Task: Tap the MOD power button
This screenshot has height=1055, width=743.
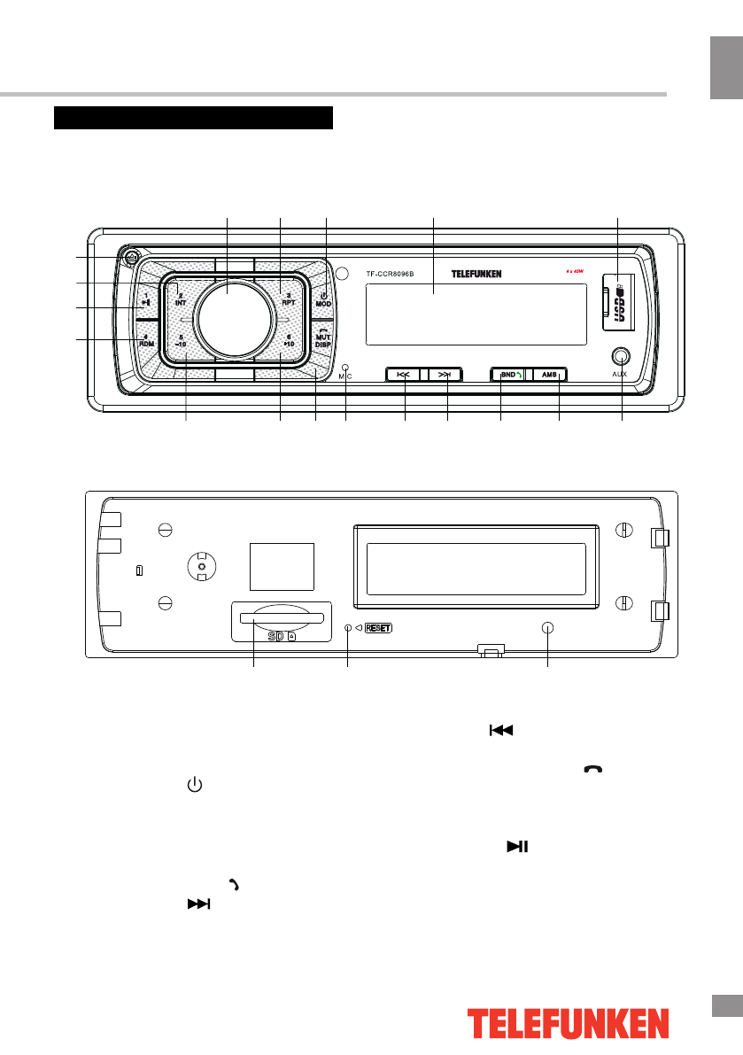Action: tap(323, 299)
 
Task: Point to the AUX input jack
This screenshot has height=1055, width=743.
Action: tap(621, 357)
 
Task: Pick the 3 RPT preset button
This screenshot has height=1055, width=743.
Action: tap(287, 296)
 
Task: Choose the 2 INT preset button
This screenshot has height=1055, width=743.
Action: tap(181, 296)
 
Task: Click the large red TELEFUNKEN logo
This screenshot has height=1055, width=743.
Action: tap(569, 1024)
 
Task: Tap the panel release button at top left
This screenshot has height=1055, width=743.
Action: tap(130, 260)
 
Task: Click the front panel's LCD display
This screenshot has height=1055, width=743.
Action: tap(476, 314)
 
